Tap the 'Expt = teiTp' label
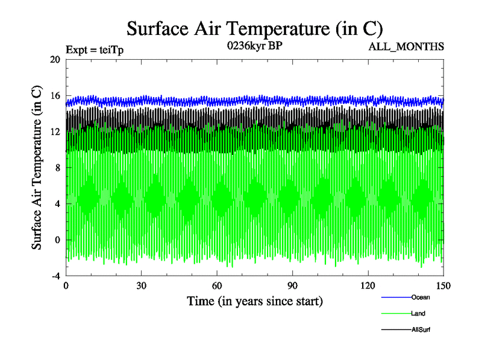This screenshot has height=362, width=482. click(x=95, y=50)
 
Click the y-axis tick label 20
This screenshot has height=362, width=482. click(x=55, y=59)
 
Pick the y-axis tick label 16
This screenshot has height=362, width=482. click(x=55, y=95)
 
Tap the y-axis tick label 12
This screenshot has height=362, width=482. click(x=55, y=132)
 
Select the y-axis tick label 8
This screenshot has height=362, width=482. click(x=57, y=168)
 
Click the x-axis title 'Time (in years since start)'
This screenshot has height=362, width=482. click(x=255, y=301)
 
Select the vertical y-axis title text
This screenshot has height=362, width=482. click(x=37, y=168)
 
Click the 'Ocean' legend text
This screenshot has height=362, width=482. click(x=421, y=297)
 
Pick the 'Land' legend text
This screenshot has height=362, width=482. click(x=419, y=313)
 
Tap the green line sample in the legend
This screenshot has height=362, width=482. click(x=396, y=313)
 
